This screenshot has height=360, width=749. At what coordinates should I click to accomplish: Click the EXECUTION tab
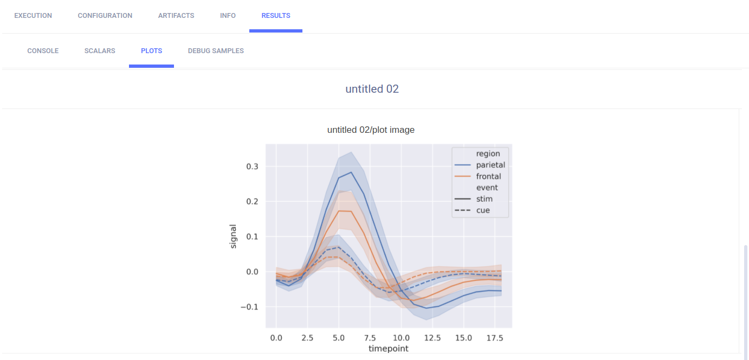[x=33, y=16]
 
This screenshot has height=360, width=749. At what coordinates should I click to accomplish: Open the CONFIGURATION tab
[x=105, y=16]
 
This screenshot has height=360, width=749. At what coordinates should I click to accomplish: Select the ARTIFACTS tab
[x=176, y=16]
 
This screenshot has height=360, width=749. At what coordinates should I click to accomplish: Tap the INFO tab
[x=228, y=16]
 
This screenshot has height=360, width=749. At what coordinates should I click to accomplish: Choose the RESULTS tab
[x=276, y=16]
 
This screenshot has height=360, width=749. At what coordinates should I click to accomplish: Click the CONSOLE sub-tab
[x=43, y=51]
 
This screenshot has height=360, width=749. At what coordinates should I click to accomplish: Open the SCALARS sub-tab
[x=100, y=51]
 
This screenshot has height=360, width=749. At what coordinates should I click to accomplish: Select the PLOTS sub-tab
[x=151, y=51]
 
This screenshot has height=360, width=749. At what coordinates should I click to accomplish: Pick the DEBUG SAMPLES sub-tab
[x=216, y=51]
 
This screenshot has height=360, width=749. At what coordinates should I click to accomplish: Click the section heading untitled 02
[x=372, y=89]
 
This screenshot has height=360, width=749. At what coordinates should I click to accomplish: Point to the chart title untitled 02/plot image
[x=371, y=130]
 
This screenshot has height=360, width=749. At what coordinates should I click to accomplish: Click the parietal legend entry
[x=490, y=165]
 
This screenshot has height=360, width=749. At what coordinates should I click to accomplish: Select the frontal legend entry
[x=488, y=176]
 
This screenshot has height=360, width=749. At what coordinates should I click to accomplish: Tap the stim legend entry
[x=485, y=199]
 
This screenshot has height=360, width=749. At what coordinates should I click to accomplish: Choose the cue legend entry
[x=483, y=210]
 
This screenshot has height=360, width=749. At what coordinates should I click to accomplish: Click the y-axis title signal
[x=234, y=236]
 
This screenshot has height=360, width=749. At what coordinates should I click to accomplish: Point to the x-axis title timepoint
[x=389, y=348]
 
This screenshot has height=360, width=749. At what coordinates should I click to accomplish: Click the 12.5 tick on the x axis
[x=432, y=338]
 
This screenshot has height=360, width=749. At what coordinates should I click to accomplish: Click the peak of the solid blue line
[x=351, y=172]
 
